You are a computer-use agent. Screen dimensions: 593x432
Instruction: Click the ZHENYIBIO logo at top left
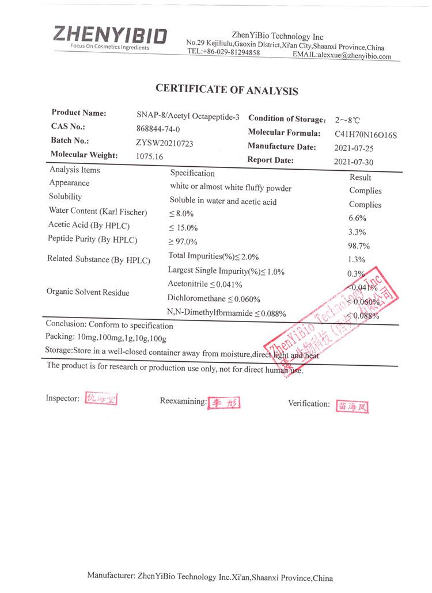pyautogui.click(x=110, y=36)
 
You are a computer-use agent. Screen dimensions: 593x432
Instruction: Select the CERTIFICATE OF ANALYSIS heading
pyautogui.click(x=226, y=90)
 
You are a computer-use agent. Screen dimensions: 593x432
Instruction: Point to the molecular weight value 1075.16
pyautogui.click(x=149, y=156)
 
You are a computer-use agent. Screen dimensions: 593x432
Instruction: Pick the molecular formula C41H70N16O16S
pyautogui.click(x=366, y=135)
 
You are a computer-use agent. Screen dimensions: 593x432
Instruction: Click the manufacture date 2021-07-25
pyautogui.click(x=354, y=148)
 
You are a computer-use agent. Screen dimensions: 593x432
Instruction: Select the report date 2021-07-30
pyautogui.click(x=354, y=162)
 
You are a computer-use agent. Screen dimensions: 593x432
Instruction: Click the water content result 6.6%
pyautogui.click(x=358, y=218)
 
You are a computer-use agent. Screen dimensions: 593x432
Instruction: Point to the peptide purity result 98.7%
pyautogui.click(x=359, y=246)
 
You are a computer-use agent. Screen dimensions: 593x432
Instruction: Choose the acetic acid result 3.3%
pyautogui.click(x=358, y=232)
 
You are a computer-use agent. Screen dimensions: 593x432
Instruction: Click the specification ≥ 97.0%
pyautogui.click(x=183, y=242)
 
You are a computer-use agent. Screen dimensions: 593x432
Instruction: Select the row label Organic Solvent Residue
pyautogui.click(x=88, y=292)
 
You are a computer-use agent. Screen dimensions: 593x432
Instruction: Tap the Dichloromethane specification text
pyautogui.click(x=214, y=299)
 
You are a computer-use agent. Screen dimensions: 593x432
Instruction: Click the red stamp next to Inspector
pyautogui.click(x=101, y=399)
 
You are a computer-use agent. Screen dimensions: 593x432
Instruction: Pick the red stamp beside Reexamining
pyautogui.click(x=223, y=403)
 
